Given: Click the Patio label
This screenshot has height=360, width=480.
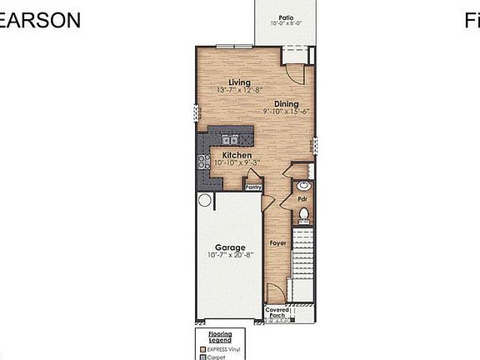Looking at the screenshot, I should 286,17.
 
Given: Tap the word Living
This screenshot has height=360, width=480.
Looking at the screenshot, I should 241,82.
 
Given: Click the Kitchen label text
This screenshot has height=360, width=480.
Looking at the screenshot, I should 237,155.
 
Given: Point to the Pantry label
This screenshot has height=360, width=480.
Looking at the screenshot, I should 253,187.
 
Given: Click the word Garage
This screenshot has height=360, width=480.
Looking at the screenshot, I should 229,247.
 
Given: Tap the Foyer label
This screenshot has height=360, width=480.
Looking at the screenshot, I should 277,243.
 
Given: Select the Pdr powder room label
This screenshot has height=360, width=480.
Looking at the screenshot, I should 303,200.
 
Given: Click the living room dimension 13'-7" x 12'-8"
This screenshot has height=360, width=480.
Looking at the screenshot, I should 241,90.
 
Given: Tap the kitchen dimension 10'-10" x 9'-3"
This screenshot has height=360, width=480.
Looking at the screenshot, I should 237,163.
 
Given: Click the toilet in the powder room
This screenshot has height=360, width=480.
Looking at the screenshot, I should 304,217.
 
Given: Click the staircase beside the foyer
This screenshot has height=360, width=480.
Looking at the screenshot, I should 304,258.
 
